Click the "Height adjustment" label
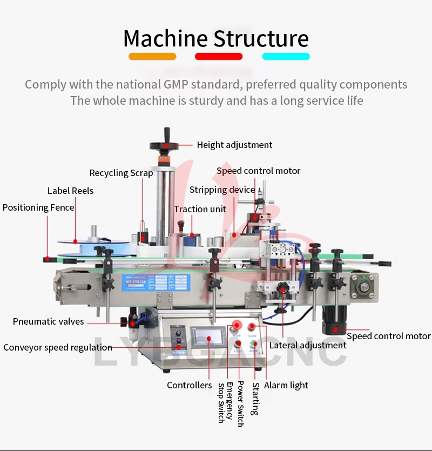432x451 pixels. coord(234,145)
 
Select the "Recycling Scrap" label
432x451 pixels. coord(121,173)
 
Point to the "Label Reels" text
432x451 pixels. coord(70,191)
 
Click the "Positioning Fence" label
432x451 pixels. coord(38,207)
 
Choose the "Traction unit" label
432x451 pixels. coord(200,209)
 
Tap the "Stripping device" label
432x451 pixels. coord(222,190)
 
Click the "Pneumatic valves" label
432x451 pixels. coord(49,321)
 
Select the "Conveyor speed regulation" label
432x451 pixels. coord(58,347)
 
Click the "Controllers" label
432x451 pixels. coord(189,385)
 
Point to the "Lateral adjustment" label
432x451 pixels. coord(308,345)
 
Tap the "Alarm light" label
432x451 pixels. coord(286,385)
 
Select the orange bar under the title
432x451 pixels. coord(152,56)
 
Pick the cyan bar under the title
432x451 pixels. coord(286,56)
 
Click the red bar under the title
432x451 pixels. coord(219,56)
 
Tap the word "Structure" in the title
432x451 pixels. coord(261,39)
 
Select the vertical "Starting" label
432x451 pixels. coord(255,399)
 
